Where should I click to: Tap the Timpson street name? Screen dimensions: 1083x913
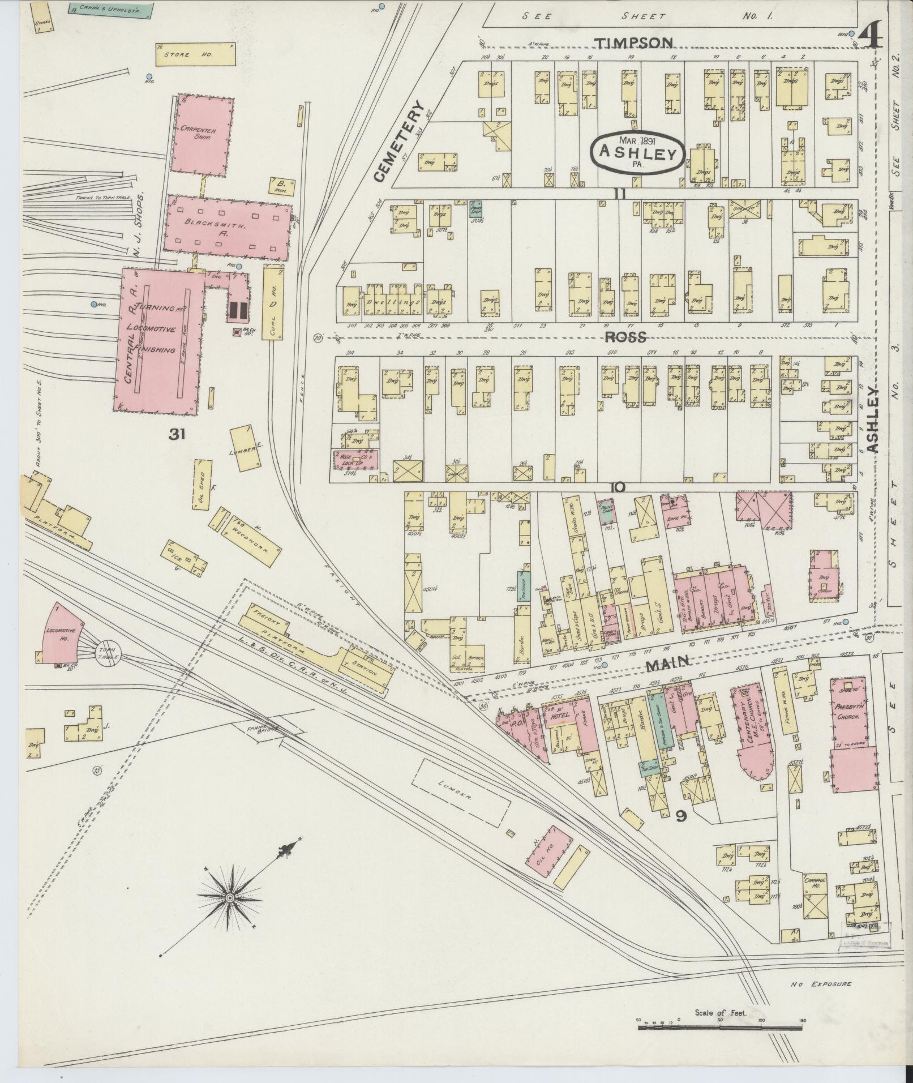point(635,43)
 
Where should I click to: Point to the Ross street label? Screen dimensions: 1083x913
point(625,337)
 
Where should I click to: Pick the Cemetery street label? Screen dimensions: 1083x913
point(397,142)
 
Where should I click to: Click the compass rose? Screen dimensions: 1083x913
point(231,898)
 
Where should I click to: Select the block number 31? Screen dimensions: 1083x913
point(177,434)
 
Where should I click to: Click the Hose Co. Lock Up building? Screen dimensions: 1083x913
point(353,458)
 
